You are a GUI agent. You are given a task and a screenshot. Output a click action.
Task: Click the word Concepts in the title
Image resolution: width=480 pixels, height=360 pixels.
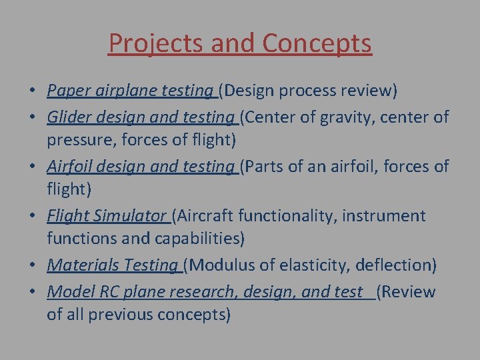[x=317, y=43]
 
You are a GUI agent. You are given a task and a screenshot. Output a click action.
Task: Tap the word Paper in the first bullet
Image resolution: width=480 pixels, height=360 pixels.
[x=65, y=91]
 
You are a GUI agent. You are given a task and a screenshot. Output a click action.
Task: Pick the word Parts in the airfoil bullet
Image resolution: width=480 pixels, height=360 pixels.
[x=268, y=167]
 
